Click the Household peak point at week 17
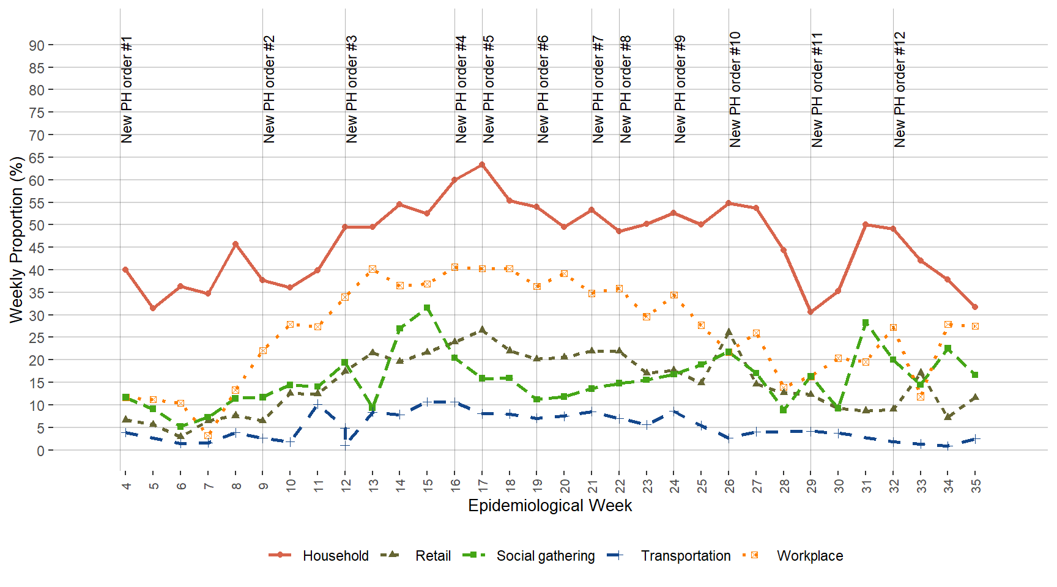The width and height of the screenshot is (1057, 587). point(482,164)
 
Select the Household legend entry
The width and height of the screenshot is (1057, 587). point(335,556)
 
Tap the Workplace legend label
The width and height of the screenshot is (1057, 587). point(809,556)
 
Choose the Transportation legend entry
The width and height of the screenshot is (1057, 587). point(685,556)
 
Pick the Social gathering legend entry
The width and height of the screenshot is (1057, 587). point(545,556)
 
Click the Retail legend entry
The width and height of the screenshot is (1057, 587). point(432,556)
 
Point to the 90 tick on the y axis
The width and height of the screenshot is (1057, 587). point(37,45)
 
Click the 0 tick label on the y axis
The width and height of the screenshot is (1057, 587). point(40,451)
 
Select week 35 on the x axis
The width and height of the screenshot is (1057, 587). point(976,485)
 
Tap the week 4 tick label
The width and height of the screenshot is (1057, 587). point(126,485)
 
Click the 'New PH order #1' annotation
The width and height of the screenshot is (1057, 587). point(127,89)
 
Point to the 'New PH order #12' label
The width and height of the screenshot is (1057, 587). point(900,89)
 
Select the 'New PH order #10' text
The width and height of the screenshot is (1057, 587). point(735,89)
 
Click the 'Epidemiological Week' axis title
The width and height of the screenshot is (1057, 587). point(549,506)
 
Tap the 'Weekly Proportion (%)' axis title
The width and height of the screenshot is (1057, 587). point(17,240)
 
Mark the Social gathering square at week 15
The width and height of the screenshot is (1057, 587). point(427,308)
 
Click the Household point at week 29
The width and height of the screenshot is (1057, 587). point(810,312)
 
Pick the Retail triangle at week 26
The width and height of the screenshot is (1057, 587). point(729,333)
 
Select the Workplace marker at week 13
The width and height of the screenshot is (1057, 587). point(373,269)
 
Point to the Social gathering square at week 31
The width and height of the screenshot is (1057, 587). point(866,323)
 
